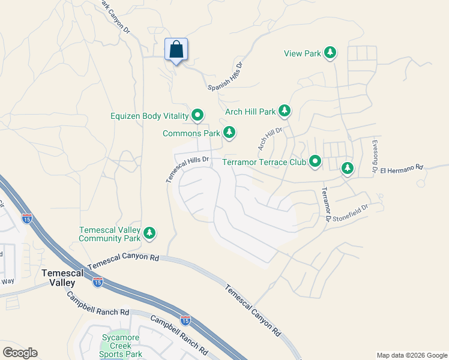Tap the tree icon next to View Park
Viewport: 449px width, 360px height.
(x=330, y=53)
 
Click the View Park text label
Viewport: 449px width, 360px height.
(x=303, y=53)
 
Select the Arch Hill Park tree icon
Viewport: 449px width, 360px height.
(x=284, y=112)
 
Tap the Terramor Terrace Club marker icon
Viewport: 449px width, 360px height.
(x=315, y=161)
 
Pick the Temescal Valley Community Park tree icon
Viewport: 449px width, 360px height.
(x=149, y=233)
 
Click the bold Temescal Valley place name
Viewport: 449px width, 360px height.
(x=58, y=277)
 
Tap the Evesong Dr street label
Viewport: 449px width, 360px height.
(x=373, y=158)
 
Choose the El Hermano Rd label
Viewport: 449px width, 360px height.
(x=402, y=167)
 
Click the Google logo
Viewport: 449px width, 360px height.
(x=20, y=353)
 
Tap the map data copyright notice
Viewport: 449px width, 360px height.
(x=411, y=355)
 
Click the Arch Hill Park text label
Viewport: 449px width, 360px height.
(x=250, y=112)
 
